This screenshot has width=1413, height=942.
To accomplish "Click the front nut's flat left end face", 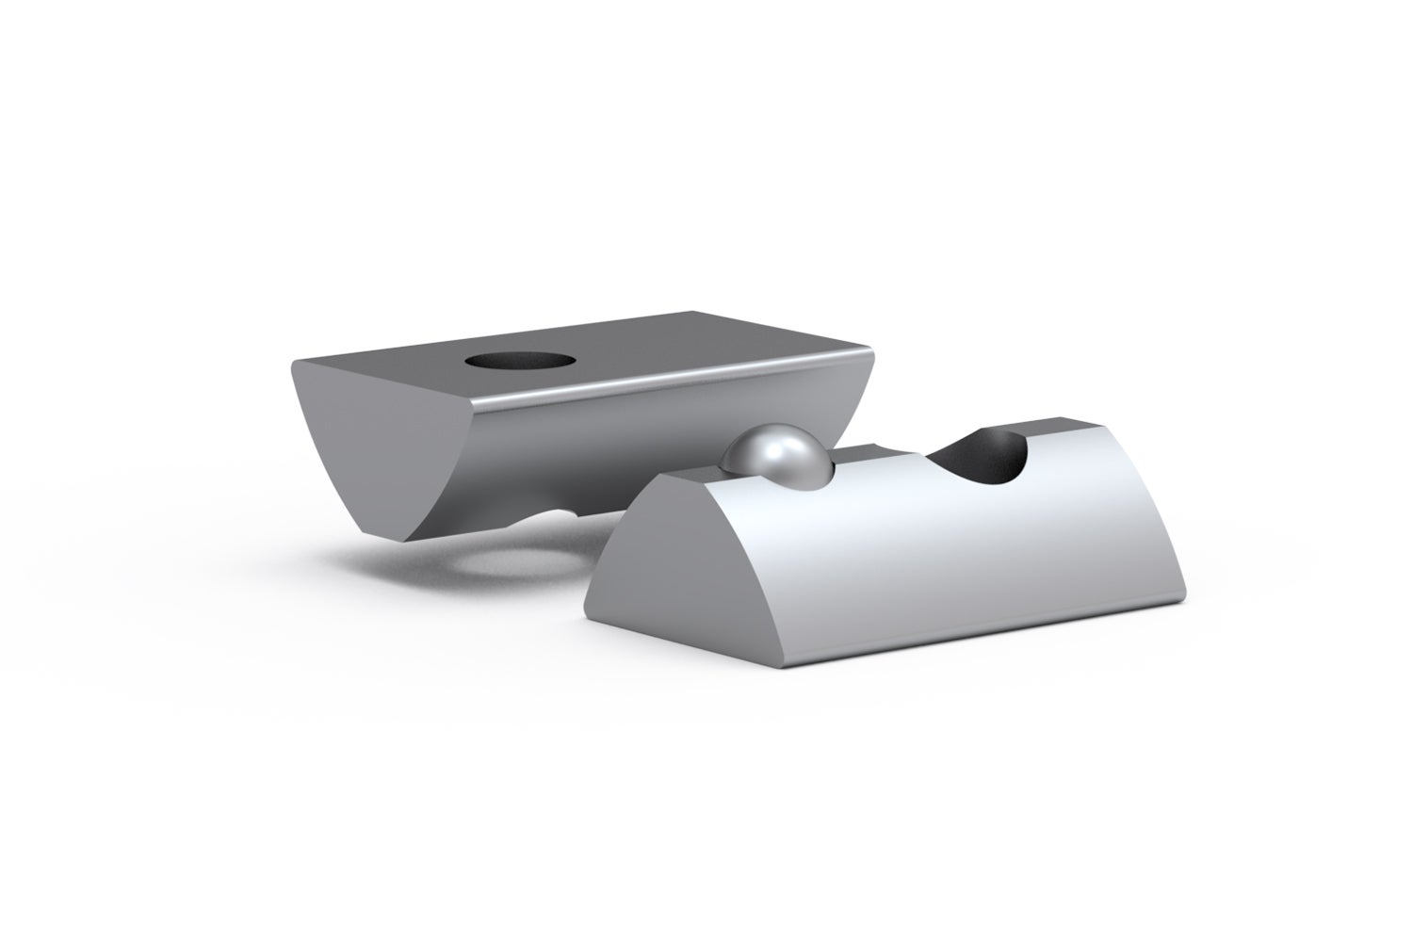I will [650, 575].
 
